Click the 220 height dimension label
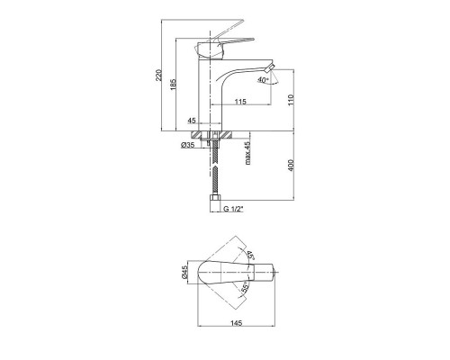tap(159, 75)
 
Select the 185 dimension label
tap(174, 85)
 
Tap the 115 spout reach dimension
tap(240, 102)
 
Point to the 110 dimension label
tap(292, 100)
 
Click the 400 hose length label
tap(292, 166)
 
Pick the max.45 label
tap(247, 153)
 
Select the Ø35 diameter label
tap(188, 145)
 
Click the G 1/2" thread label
tap(233, 209)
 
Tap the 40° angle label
tap(263, 80)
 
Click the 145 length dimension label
tap(237, 323)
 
